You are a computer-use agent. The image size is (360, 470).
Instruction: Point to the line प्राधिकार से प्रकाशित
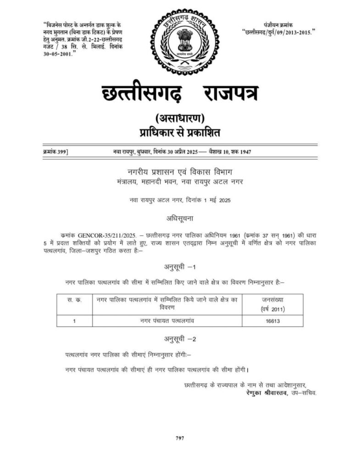point(180,133)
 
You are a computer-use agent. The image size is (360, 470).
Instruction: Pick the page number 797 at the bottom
point(180,438)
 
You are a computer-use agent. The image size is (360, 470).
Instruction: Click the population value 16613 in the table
point(272,321)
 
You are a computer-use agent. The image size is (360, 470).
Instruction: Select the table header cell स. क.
point(74,300)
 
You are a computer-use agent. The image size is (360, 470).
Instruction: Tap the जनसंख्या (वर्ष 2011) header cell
point(272,304)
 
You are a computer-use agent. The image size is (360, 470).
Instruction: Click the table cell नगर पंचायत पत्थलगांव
point(167,321)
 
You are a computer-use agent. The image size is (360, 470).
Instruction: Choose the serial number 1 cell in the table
point(74,321)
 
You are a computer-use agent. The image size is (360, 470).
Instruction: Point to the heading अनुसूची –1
point(180,267)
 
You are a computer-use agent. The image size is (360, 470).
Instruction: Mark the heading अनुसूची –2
point(180,339)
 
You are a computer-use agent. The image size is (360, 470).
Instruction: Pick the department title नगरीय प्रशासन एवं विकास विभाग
point(180,172)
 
